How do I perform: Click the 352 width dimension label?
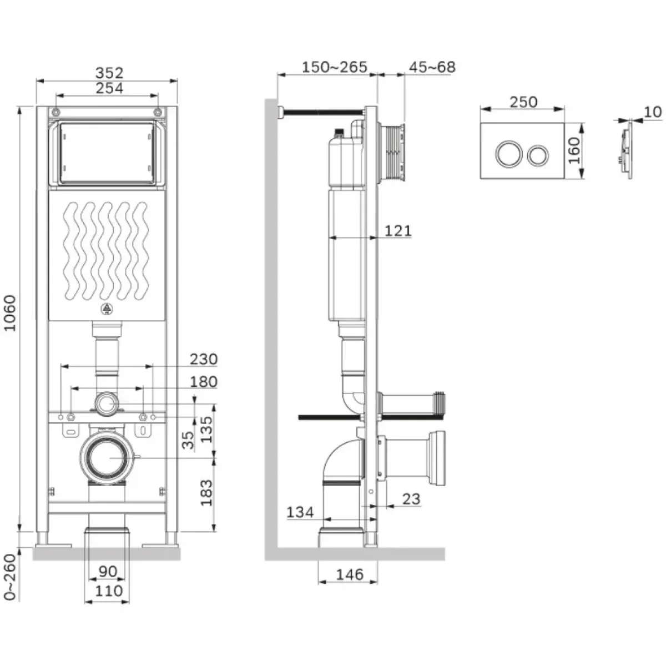point(109,73)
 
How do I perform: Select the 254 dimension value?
point(109,88)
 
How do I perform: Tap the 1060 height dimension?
point(11,313)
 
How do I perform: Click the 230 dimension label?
point(204,360)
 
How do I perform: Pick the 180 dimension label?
point(204,382)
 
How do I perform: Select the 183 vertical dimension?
point(206,493)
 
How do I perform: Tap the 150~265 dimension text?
point(335,67)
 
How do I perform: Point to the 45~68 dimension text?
point(432,67)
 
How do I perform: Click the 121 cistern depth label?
point(398,230)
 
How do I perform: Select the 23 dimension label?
point(411,499)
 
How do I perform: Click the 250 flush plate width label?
point(523,102)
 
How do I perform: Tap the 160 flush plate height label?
point(574,150)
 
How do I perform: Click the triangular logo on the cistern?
point(107,309)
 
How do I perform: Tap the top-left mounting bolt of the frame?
point(56,112)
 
